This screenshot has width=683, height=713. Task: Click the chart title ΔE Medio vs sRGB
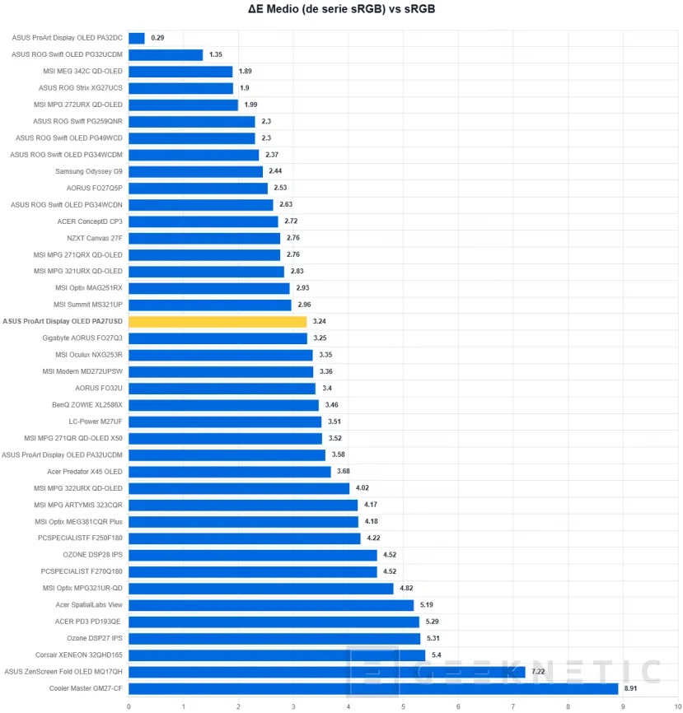341,10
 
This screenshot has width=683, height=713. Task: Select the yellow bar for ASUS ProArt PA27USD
218,321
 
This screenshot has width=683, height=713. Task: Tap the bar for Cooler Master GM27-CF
372,688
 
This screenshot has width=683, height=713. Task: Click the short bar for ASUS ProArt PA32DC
137,38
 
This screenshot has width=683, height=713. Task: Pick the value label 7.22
539,672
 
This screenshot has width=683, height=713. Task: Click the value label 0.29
157,38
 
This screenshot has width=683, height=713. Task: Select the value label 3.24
320,321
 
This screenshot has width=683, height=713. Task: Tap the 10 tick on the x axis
677,706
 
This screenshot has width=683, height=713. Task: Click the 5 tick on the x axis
403,706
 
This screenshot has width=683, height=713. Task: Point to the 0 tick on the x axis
129,706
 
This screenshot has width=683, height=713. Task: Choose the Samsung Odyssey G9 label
89,171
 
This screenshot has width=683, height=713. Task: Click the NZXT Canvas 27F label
95,238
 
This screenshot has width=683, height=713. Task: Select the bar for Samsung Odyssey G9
196,171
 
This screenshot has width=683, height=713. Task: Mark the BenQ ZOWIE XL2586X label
87,405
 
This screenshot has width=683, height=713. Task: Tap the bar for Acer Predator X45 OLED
230,472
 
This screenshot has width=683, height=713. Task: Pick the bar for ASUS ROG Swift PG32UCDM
166,54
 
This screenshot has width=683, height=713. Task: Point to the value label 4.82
406,588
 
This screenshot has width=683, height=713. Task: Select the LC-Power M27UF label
96,422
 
